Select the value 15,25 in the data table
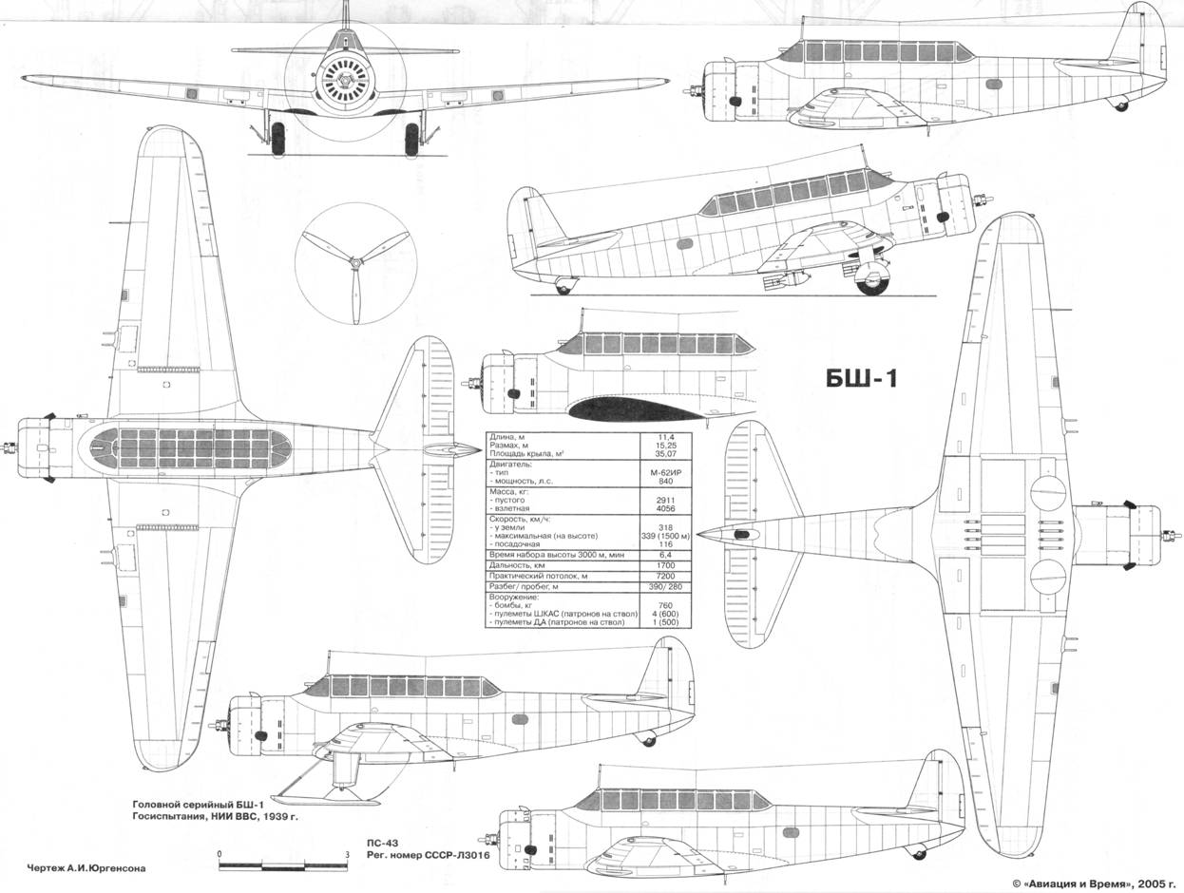pyautogui.click(x=665, y=445)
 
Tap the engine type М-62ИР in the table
pyautogui.click(x=665, y=472)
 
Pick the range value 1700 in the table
pyautogui.click(x=665, y=565)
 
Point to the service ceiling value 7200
pyautogui.click(x=665, y=577)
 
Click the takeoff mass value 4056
pyautogui.click(x=665, y=508)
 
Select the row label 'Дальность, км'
pyautogui.click(x=519, y=565)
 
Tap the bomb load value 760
pyautogui.click(x=665, y=607)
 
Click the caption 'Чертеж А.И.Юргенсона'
pyautogui.click(x=86, y=866)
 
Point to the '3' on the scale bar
pyautogui.click(x=348, y=855)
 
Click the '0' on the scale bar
pyautogui.click(x=220, y=855)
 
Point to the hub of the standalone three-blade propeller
pyautogui.click(x=354, y=262)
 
